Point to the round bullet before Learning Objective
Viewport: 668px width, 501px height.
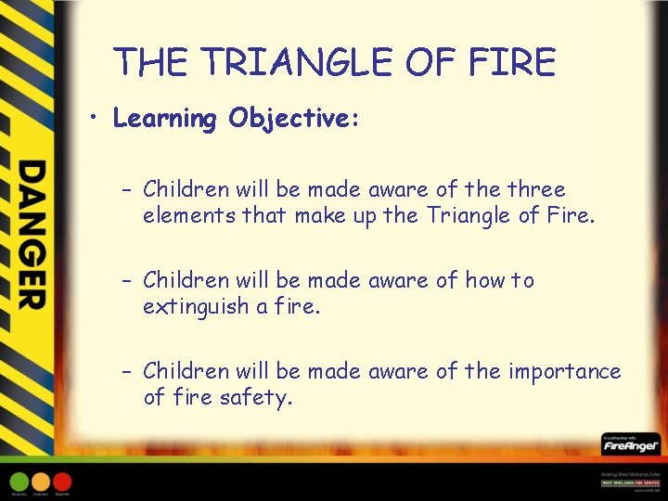click(x=95, y=119)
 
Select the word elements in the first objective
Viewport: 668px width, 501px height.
click(x=189, y=216)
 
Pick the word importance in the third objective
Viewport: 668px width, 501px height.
click(x=564, y=371)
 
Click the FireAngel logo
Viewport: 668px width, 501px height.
click(x=630, y=446)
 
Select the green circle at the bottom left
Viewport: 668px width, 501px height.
click(x=19, y=482)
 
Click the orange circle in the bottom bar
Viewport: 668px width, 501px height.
click(x=41, y=482)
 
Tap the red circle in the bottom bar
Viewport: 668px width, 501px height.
click(x=62, y=482)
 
